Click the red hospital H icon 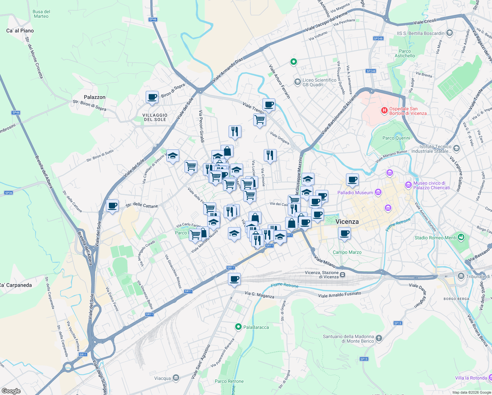(384, 111)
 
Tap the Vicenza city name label (347, 222)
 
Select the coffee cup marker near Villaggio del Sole (152, 97)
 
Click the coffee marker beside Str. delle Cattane (112, 206)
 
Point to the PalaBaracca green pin (238, 327)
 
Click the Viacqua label (162, 378)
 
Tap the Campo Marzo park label (347, 252)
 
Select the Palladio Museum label (355, 193)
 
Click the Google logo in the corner (11, 391)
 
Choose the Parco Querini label (396, 138)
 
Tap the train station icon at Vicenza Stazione (343, 275)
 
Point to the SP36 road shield (9, 193)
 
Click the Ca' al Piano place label (20, 31)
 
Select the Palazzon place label (95, 97)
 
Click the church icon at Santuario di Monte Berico (379, 338)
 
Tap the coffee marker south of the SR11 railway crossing (234, 279)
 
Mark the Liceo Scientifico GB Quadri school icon (297, 81)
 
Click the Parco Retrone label (229, 381)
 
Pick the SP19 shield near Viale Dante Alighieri (398, 323)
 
